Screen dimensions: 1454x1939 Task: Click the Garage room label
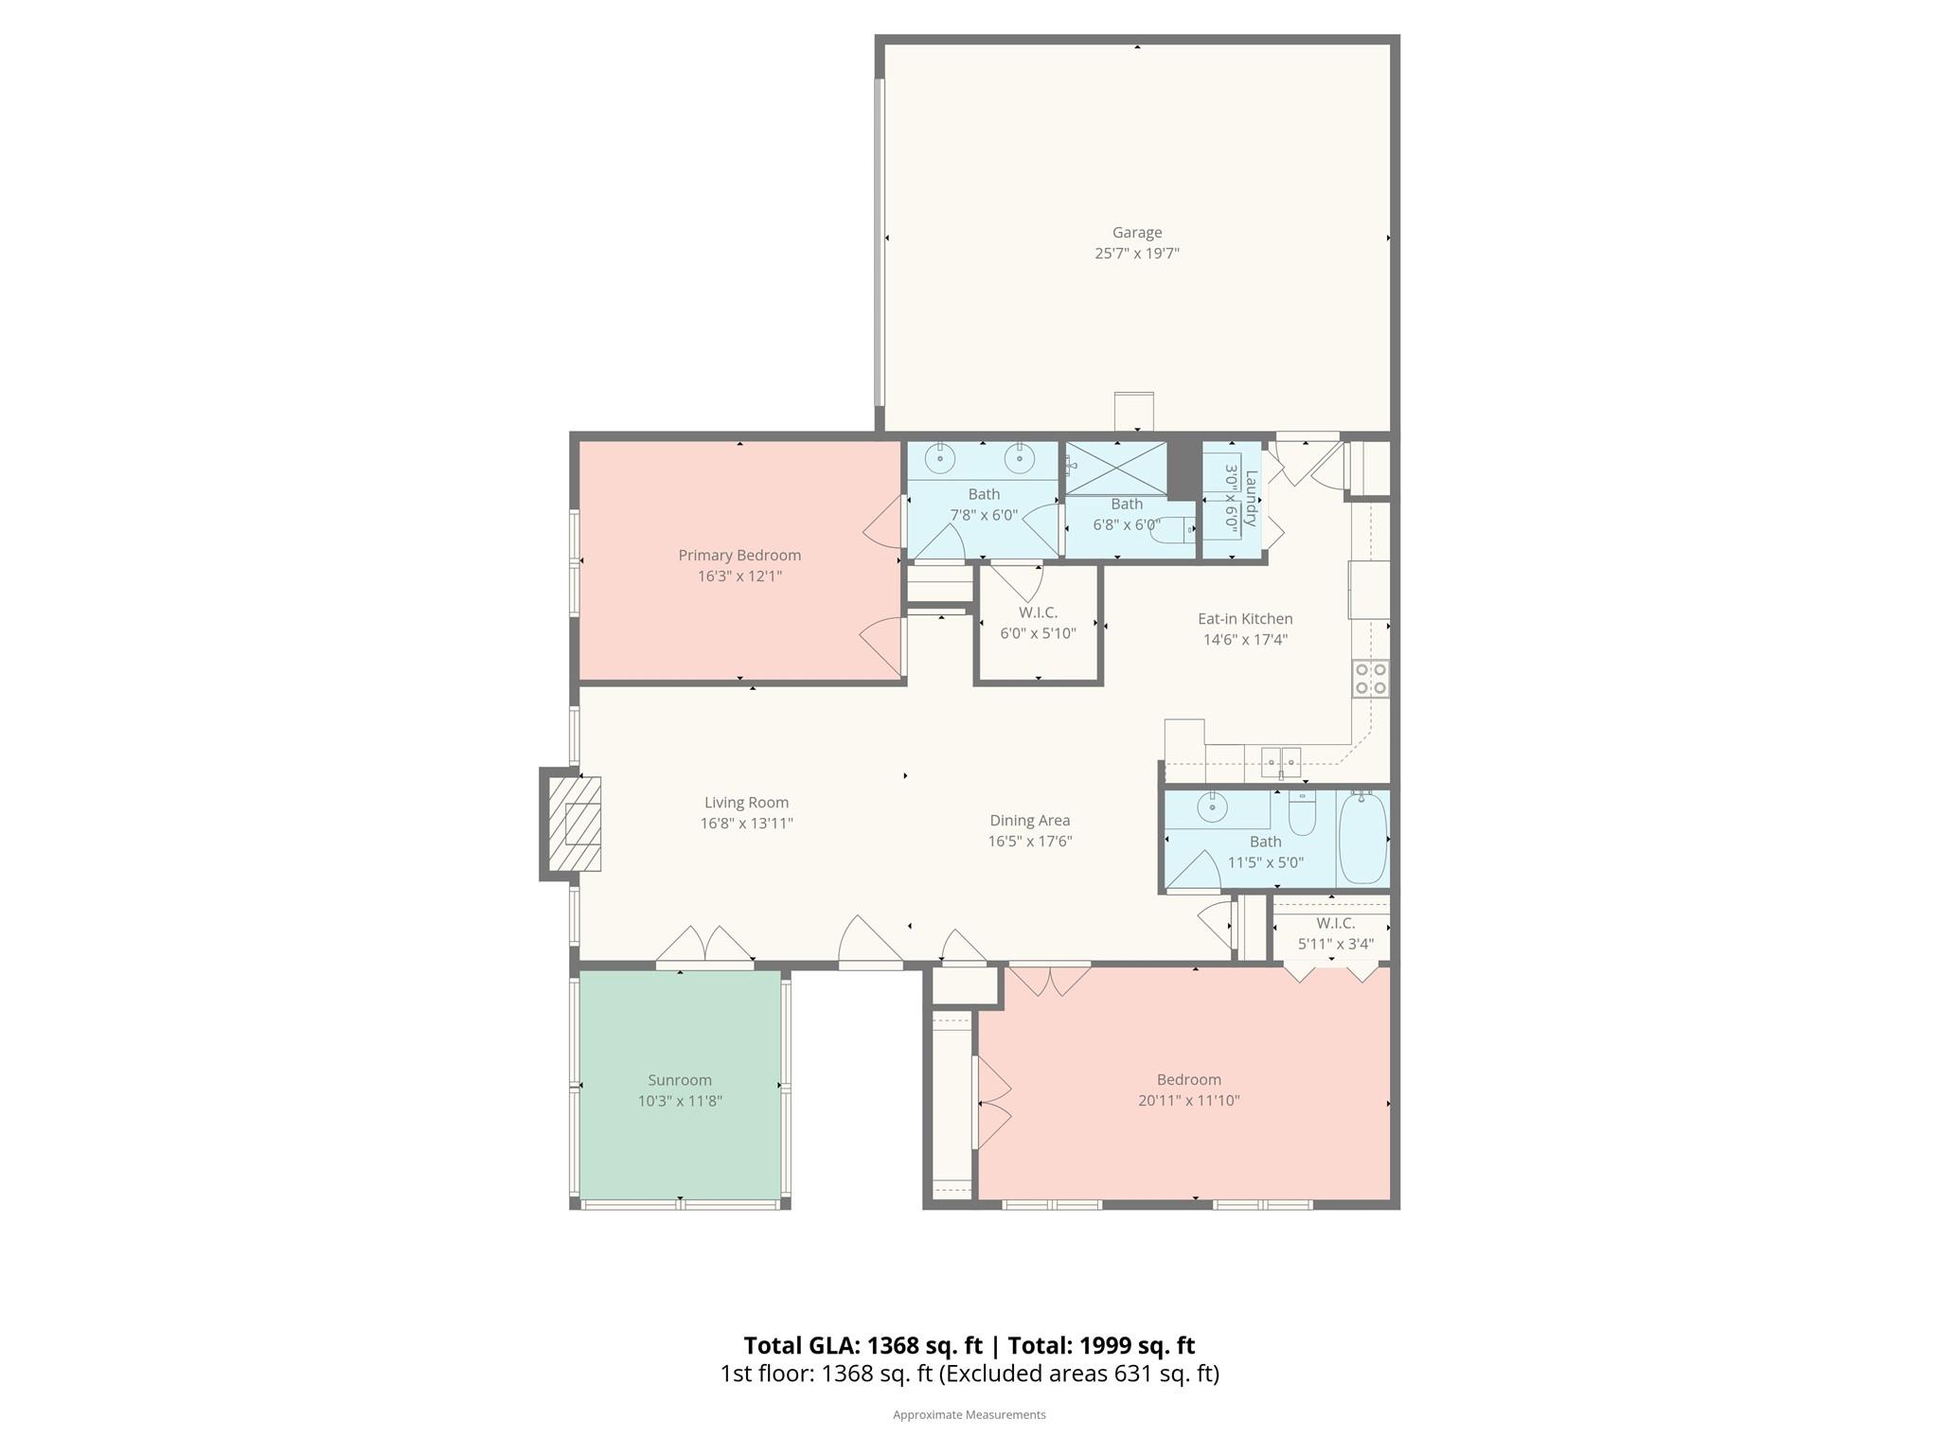click(x=1136, y=232)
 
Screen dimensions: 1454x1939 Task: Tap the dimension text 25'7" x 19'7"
click(x=1136, y=254)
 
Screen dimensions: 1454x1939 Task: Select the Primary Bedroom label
click(x=739, y=555)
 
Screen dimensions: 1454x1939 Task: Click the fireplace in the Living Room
click(x=576, y=824)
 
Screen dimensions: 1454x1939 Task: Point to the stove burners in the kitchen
click(x=1370, y=679)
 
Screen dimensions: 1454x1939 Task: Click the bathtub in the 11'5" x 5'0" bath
click(x=1362, y=839)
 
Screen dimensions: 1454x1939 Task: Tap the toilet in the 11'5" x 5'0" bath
click(x=1302, y=815)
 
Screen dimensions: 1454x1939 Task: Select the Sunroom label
click(x=680, y=1080)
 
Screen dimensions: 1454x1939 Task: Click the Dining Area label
click(x=1029, y=821)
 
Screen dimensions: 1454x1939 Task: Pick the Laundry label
click(x=1251, y=499)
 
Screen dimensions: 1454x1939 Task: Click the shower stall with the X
click(x=1116, y=470)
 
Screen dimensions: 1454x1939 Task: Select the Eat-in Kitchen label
click(x=1245, y=619)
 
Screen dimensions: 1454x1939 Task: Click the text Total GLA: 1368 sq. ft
click(x=863, y=1345)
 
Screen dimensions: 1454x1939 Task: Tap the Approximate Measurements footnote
click(x=969, y=1414)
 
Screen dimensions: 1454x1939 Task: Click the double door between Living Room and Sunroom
click(x=704, y=949)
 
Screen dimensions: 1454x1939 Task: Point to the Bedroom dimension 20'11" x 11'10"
click(x=1188, y=1101)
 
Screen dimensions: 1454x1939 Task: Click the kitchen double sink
click(x=1281, y=759)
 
